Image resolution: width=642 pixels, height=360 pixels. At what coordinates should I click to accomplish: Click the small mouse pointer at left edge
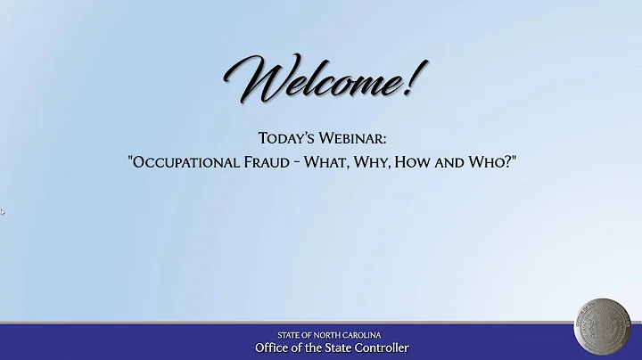click(x=3, y=212)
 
